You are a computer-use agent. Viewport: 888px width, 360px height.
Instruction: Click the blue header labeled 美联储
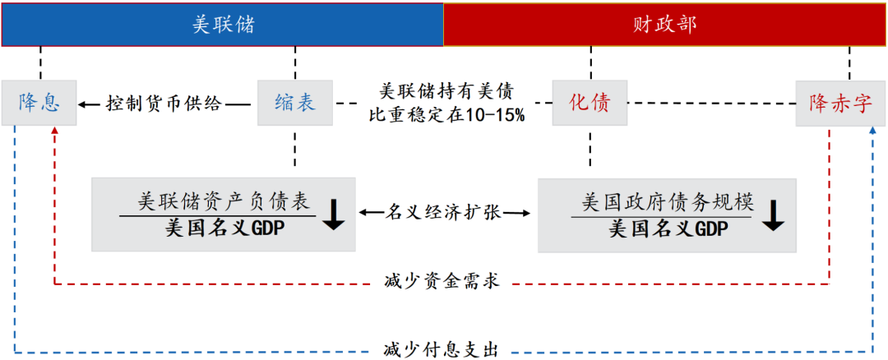(223, 25)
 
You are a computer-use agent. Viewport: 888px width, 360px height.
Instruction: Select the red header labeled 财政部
(664, 25)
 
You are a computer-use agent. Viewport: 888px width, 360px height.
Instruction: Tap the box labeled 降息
(39, 103)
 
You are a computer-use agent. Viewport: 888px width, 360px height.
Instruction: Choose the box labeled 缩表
(295, 103)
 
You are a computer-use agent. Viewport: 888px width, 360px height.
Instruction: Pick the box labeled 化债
(590, 103)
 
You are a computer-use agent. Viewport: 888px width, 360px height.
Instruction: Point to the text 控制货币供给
(164, 104)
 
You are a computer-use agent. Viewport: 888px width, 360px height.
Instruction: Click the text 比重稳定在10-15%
(447, 115)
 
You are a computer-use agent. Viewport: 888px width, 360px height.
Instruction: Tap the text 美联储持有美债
(447, 92)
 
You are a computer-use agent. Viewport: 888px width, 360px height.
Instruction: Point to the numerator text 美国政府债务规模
(668, 202)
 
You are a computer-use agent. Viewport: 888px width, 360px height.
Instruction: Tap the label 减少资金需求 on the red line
(441, 283)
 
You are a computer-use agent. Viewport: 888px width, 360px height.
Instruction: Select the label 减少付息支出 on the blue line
(441, 348)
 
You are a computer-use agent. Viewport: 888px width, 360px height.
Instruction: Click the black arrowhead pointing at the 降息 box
(84, 104)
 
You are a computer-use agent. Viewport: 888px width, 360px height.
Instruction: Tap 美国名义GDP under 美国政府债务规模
(668, 229)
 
